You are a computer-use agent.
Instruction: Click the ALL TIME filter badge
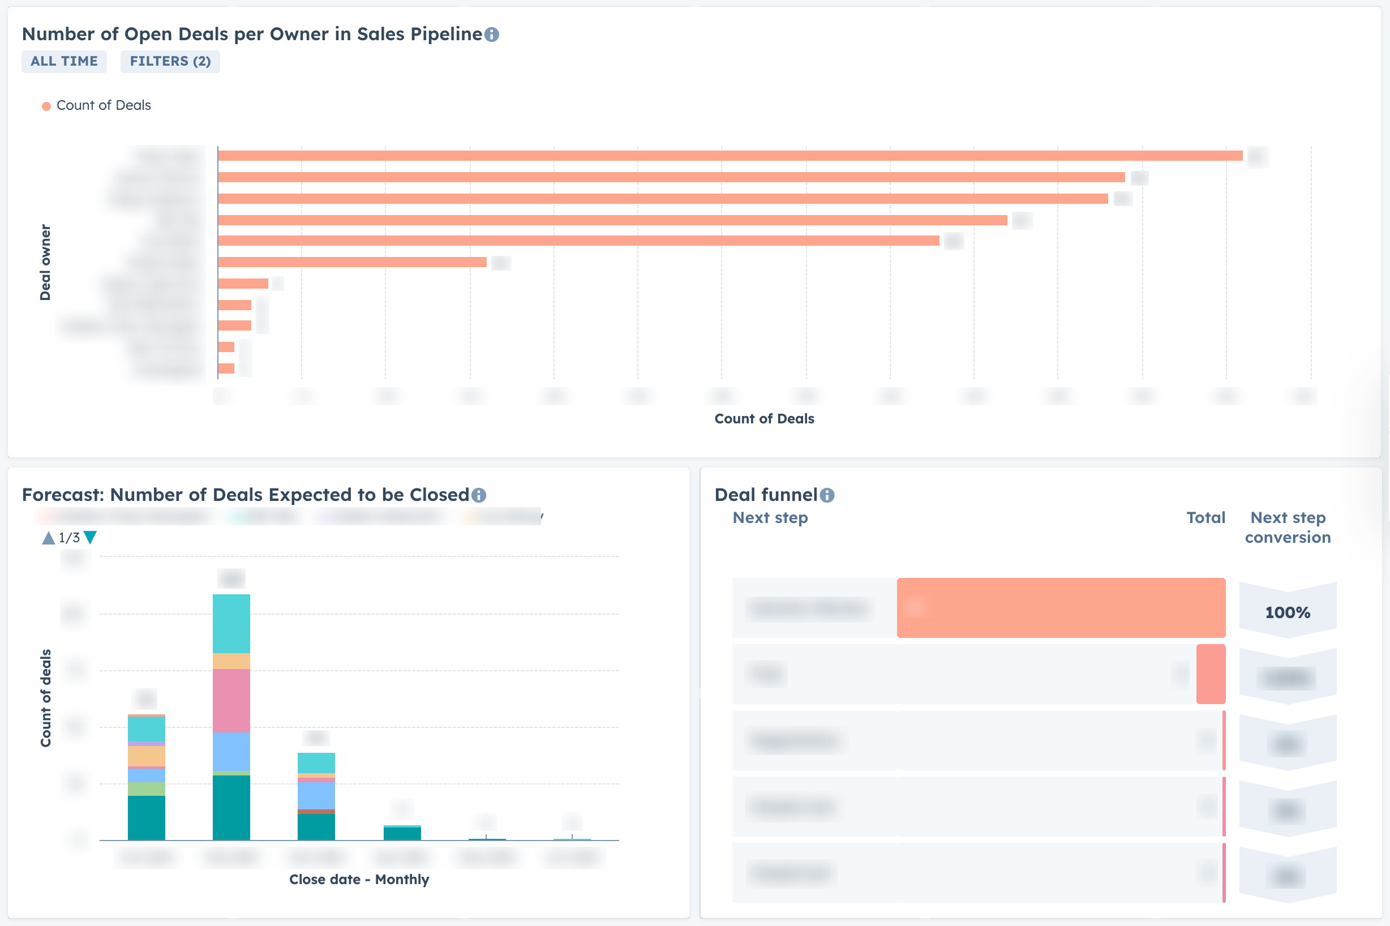64,62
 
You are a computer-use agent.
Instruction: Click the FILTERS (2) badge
170,62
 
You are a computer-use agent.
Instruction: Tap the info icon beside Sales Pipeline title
492,35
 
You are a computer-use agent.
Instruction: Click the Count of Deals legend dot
46,106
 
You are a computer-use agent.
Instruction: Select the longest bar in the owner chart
730,156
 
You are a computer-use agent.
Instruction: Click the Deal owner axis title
45,262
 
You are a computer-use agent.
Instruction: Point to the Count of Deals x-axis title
764,419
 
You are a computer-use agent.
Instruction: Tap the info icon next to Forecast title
479,495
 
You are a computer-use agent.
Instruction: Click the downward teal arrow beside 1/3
91,537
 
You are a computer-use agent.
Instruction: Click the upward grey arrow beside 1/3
49,537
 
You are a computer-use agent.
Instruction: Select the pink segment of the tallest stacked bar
231,700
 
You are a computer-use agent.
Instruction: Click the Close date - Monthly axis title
359,880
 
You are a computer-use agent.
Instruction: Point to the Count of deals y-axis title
45,698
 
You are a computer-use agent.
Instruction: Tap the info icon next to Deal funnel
827,495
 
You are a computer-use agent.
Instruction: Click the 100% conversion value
1287,612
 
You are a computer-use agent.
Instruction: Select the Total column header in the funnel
1205,518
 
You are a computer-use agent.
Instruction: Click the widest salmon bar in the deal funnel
1061,608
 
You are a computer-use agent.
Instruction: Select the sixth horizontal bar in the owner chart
352,262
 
